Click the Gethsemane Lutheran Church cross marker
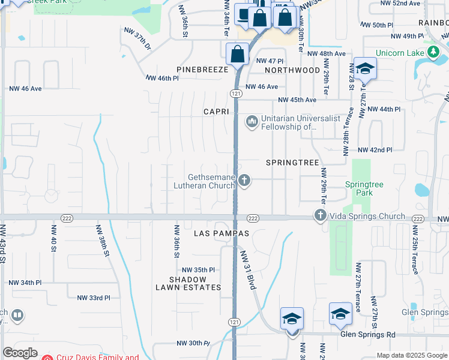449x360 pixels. (x=244, y=180)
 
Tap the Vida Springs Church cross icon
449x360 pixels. (x=320, y=215)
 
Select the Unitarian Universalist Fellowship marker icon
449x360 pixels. (x=251, y=122)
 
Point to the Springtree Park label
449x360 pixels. (x=359, y=188)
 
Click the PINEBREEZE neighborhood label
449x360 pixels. (x=202, y=70)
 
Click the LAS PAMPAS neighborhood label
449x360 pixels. (x=221, y=233)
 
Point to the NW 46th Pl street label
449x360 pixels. (x=163, y=78)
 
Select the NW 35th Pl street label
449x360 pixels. (x=198, y=270)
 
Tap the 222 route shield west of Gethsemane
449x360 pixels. (x=67, y=218)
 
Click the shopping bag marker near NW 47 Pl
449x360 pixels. (x=238, y=54)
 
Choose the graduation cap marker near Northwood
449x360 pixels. (x=364, y=69)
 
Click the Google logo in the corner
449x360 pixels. (x=20, y=353)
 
